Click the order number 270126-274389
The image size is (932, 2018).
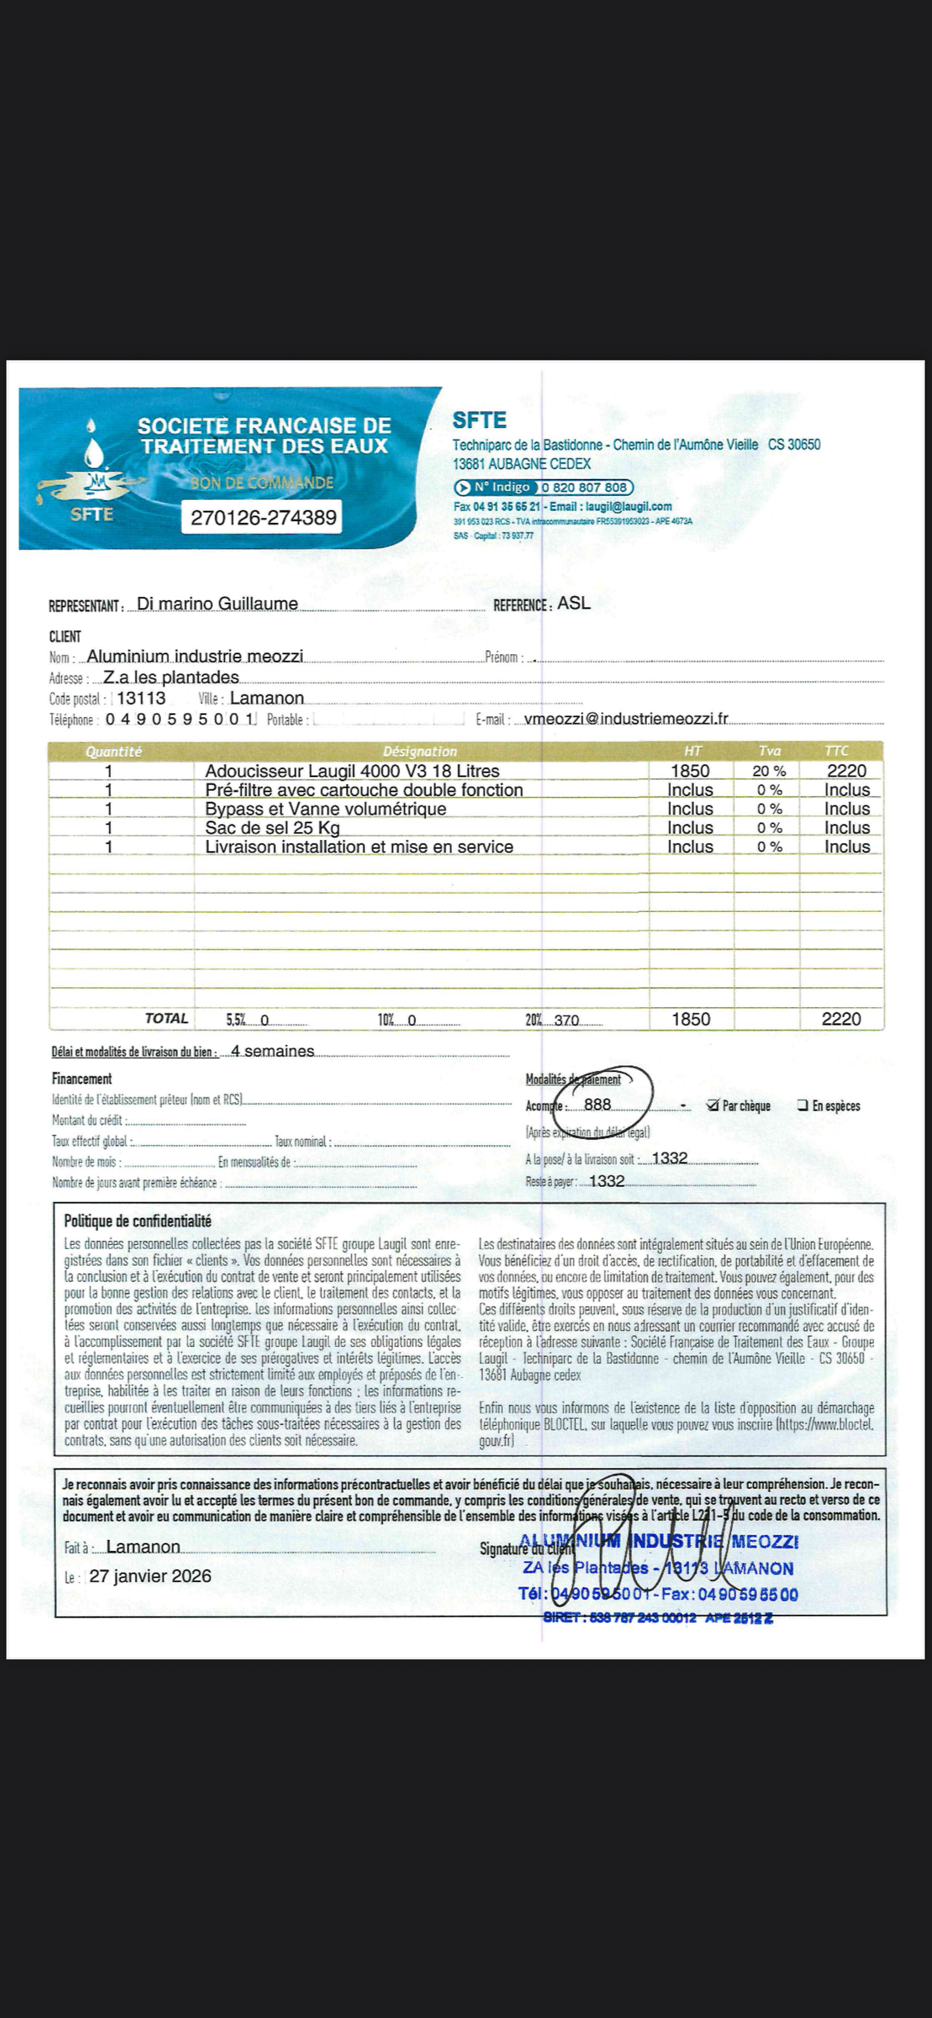click(263, 517)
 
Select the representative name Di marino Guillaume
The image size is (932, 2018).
click(217, 604)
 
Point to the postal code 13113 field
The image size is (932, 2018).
click(141, 698)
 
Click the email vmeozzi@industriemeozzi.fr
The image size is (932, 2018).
click(626, 719)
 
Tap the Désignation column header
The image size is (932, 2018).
click(420, 751)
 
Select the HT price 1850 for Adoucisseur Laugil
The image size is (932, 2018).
click(690, 771)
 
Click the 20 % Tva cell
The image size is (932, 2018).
click(768, 771)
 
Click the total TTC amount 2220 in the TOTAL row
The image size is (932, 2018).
click(841, 1019)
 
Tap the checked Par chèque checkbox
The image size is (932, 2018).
click(713, 1106)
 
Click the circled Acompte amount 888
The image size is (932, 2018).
click(597, 1105)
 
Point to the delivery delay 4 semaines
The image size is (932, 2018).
click(273, 1051)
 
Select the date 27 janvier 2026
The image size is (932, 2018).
click(151, 1576)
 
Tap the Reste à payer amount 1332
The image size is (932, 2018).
click(607, 1182)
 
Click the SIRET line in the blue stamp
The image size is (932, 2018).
click(658, 1618)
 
